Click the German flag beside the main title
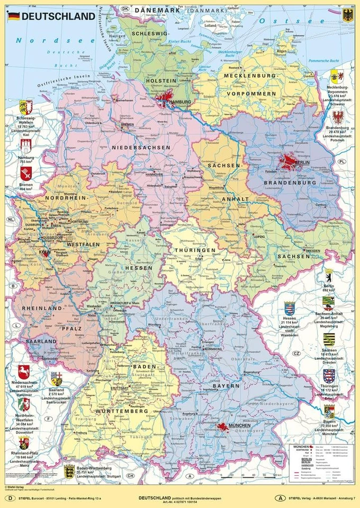[x=13, y=16]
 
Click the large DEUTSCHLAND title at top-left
[x=58, y=16]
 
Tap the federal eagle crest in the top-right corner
[x=348, y=14]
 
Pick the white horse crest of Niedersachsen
[x=24, y=371]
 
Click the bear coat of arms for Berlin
[x=329, y=276]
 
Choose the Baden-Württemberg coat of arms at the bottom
[x=69, y=471]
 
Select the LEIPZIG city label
[x=259, y=237]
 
